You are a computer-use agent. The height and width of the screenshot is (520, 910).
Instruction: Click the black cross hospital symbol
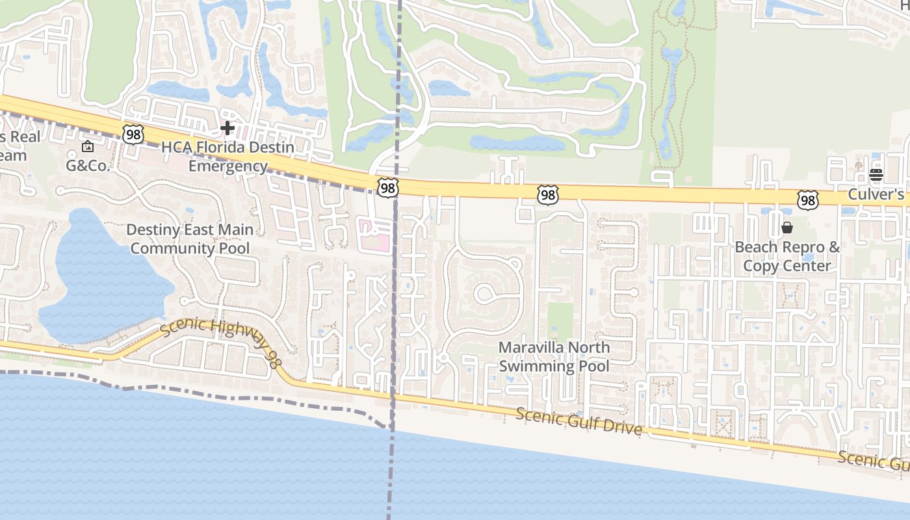pos(227,127)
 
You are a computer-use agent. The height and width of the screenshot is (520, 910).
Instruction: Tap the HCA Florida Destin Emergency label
pos(227,157)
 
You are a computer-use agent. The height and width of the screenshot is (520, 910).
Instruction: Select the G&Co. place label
pos(88,165)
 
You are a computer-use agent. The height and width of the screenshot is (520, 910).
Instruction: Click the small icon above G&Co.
pos(88,147)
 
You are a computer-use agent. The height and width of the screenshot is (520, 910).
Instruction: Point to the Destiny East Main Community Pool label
pos(190,239)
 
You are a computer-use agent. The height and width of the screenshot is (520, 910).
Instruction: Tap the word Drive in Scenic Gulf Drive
pos(623,428)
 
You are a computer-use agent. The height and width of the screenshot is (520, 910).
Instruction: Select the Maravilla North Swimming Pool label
pos(554,357)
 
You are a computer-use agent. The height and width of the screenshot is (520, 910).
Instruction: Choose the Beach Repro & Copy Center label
pos(787,256)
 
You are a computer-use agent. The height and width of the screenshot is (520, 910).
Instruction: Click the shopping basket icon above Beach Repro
pos(787,227)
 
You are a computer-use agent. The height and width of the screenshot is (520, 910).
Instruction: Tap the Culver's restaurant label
pos(876,194)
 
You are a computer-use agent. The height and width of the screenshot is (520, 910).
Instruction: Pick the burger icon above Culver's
pos(876,174)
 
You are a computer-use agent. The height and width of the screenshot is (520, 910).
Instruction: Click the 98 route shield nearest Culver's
pos(808,200)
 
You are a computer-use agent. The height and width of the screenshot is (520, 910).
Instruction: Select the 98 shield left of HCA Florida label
pos(133,135)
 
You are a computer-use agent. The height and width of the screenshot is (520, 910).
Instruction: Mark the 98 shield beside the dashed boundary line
pos(388,188)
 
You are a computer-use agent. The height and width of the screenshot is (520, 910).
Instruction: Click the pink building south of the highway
pos(376,235)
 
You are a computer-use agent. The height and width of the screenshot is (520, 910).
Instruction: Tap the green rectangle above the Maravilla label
pos(560,321)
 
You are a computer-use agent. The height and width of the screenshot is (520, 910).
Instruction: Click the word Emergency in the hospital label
pos(227,166)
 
